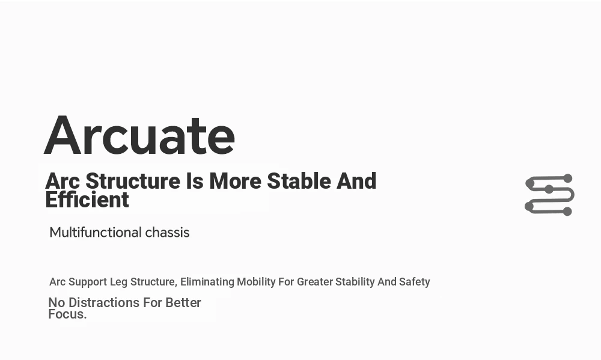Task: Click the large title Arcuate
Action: tap(139, 135)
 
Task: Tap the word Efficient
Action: tap(87, 200)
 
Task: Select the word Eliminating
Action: tap(207, 282)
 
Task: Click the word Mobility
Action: tap(256, 282)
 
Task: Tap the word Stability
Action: tap(355, 282)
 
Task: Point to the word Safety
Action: tap(414, 282)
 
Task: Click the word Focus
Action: tap(67, 314)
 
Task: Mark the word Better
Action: tap(183, 302)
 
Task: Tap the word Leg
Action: tap(118, 282)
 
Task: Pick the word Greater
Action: tap(315, 282)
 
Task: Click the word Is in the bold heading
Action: tap(195, 181)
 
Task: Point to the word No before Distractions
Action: tap(56, 302)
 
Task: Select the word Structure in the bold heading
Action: tap(133, 181)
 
